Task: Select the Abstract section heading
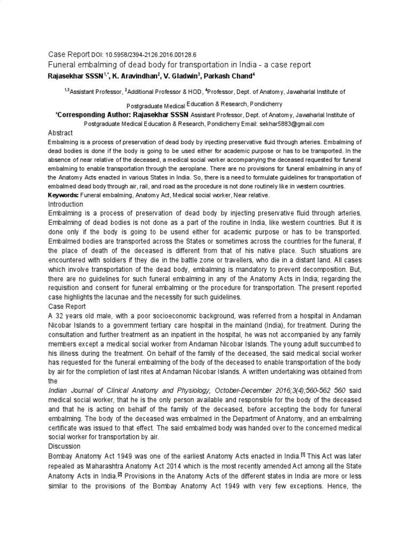click(x=60, y=132)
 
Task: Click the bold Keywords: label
click(x=64, y=196)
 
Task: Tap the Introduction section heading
click(x=66, y=205)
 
